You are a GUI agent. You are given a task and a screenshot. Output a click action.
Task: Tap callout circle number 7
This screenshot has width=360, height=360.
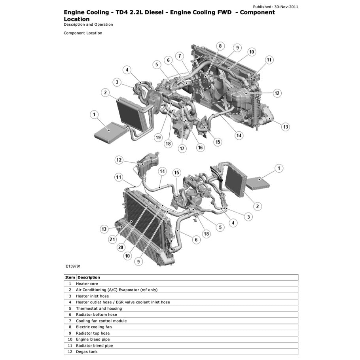[x=180, y=56]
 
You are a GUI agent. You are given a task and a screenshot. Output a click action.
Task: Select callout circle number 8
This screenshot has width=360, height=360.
[x=220, y=46]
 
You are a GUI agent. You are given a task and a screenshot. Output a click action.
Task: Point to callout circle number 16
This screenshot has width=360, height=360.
[x=200, y=148]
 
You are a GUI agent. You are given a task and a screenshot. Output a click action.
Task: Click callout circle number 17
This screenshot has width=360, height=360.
[x=182, y=149]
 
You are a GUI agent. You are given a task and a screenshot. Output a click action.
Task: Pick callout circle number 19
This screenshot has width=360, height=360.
[x=158, y=138]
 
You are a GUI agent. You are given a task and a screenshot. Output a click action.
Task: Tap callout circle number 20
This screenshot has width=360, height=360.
[x=121, y=247]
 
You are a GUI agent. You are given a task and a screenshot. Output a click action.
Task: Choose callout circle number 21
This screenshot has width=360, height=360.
[x=112, y=239]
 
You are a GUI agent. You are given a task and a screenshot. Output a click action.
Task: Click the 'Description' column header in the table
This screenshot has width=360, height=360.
[x=89, y=277]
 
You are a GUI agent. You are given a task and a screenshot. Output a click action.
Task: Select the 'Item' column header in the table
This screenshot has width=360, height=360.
[x=70, y=277]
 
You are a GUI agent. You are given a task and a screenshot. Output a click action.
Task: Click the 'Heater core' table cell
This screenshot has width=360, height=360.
[x=87, y=284]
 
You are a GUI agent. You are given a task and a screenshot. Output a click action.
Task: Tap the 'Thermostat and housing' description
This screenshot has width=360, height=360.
[x=99, y=309]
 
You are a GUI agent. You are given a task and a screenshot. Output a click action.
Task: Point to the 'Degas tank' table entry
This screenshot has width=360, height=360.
[x=87, y=352]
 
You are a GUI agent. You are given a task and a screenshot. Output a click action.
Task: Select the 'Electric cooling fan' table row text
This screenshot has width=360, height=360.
[x=94, y=327]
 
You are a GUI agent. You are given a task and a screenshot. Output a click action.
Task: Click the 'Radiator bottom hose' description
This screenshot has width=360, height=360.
[x=96, y=315]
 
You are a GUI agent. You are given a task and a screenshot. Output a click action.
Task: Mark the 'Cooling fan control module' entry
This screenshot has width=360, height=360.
[x=101, y=321]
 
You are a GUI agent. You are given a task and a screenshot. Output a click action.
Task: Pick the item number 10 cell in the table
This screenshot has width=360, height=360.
[x=70, y=339]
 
